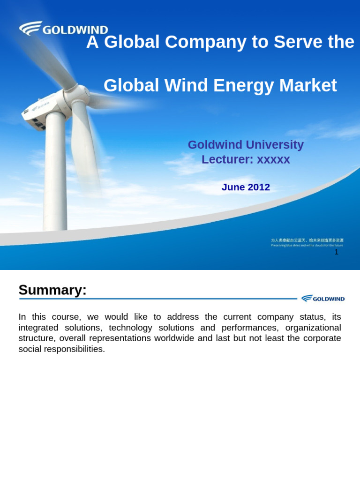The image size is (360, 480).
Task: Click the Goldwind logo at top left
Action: (x=63, y=29)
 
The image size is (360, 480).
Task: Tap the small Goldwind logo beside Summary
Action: (x=323, y=299)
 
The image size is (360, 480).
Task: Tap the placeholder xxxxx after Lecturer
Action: (x=273, y=159)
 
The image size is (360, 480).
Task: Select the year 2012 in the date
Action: (x=259, y=187)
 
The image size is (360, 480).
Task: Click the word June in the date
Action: (x=233, y=187)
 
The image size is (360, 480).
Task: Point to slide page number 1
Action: (x=336, y=252)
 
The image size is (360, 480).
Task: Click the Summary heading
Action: (x=52, y=290)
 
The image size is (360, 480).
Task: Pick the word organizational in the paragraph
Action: (x=313, y=328)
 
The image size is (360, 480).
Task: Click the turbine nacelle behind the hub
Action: (x=42, y=110)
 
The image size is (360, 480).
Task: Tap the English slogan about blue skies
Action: (x=307, y=245)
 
